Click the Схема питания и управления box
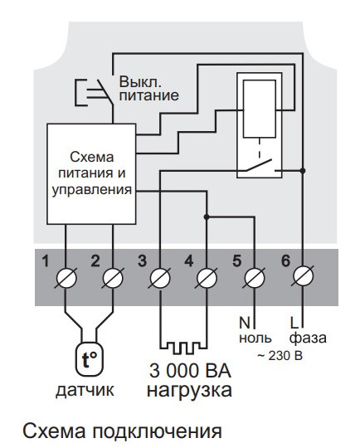pyautogui.click(x=90, y=173)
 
